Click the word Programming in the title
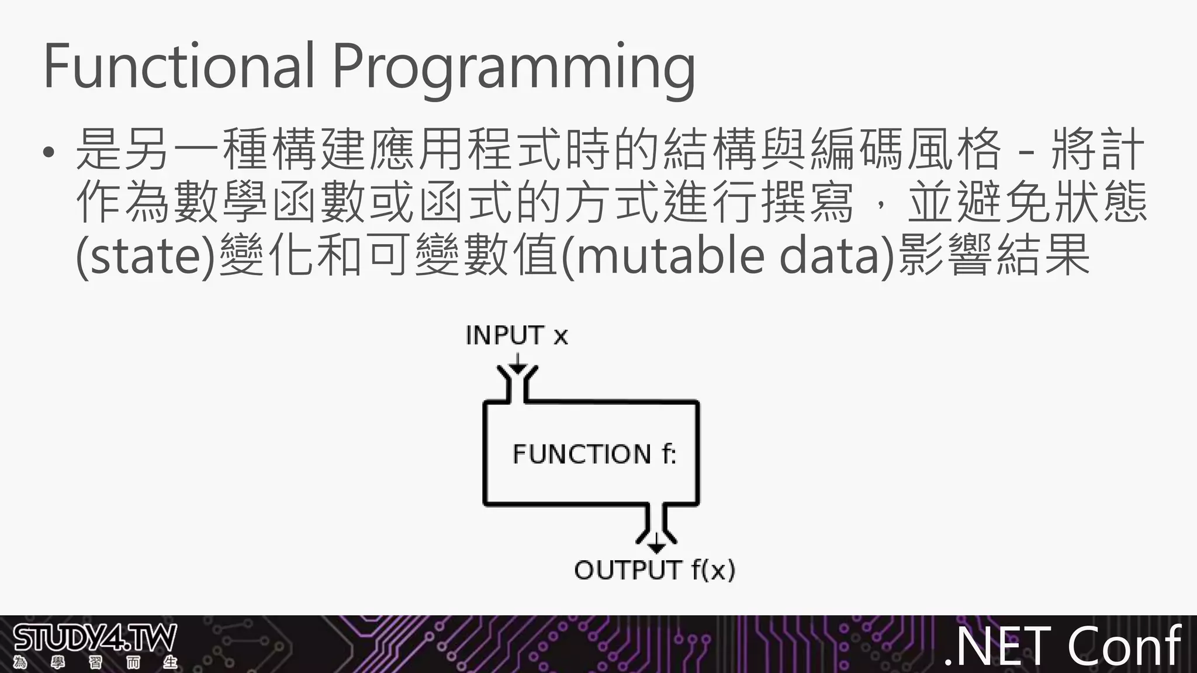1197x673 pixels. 514,69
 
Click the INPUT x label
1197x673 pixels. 516,335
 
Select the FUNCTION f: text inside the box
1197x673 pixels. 594,454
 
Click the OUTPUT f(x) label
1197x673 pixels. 654,570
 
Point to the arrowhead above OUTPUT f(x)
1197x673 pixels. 656,547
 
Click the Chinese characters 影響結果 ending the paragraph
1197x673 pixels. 993,256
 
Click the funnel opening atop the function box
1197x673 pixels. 517,383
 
